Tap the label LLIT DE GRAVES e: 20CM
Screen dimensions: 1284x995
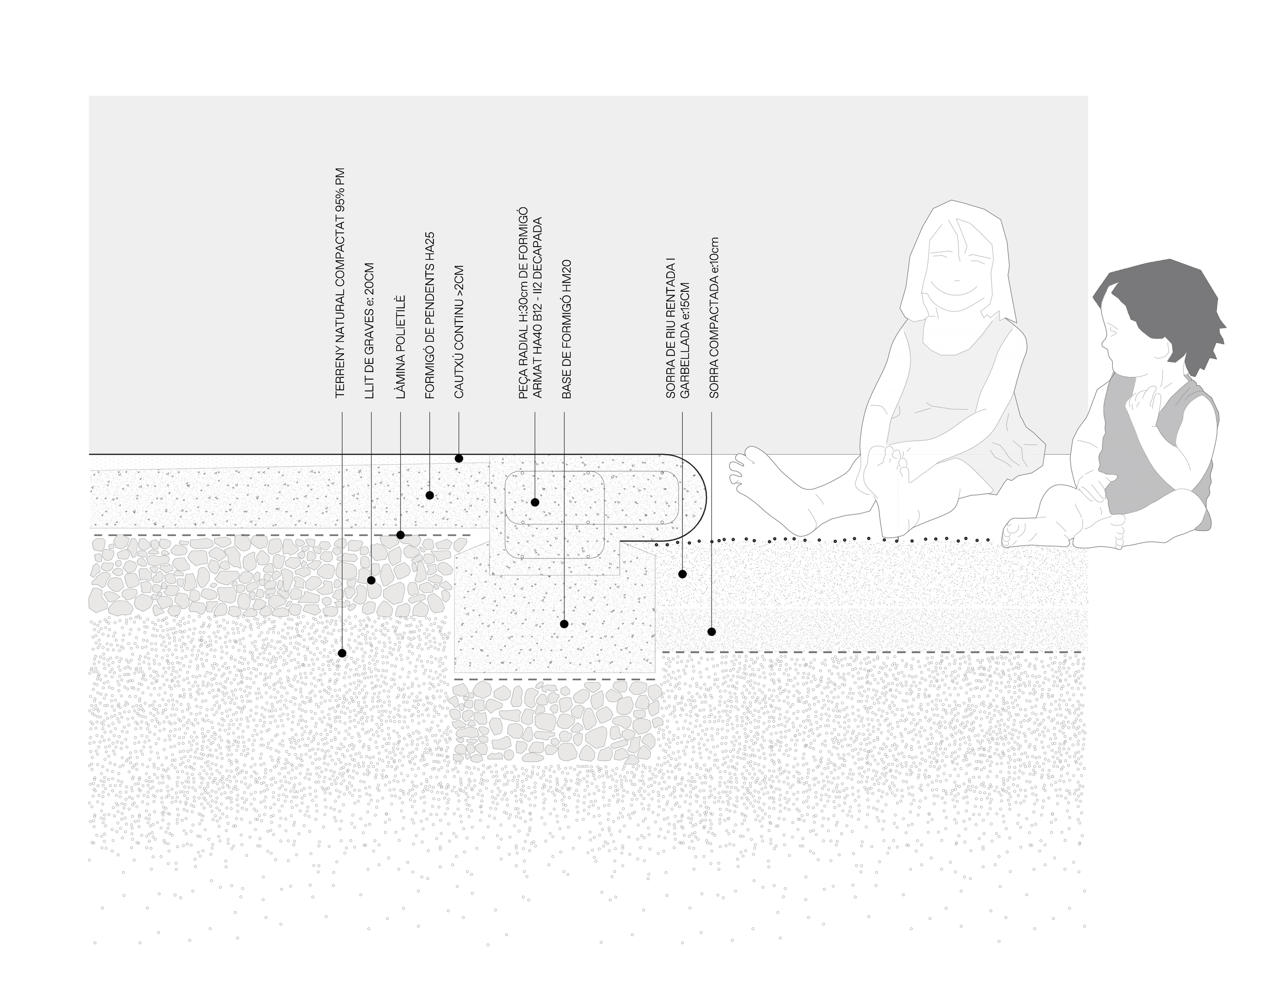click(369, 331)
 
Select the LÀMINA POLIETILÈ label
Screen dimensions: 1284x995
click(400, 347)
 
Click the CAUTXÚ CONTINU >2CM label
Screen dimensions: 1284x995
click(459, 332)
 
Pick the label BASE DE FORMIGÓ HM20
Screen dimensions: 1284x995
click(566, 329)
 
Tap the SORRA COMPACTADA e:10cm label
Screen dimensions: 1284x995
click(714, 318)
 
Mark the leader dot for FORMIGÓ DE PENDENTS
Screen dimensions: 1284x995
click(430, 495)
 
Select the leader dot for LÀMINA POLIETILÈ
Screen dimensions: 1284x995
click(400, 535)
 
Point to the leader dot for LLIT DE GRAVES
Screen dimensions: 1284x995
click(371, 580)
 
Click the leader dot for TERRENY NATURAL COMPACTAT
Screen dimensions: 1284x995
click(342, 653)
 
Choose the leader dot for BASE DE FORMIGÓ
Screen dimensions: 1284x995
click(565, 624)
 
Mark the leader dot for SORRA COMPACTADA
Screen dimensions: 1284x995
click(711, 632)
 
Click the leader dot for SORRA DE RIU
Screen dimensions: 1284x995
click(682, 574)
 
